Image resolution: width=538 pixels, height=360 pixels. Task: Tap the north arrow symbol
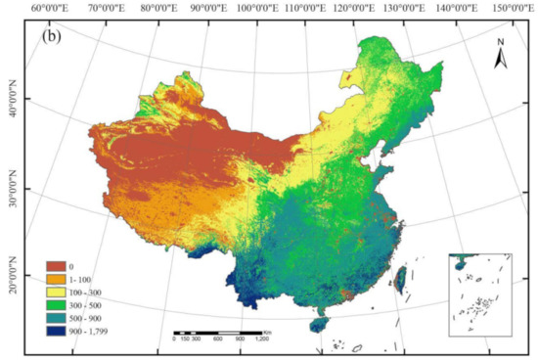click(500, 56)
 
